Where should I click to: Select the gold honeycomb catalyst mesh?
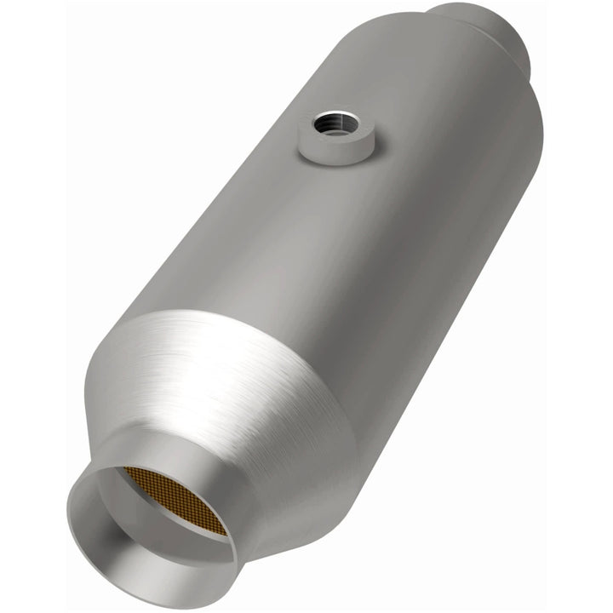click(x=174, y=499)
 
